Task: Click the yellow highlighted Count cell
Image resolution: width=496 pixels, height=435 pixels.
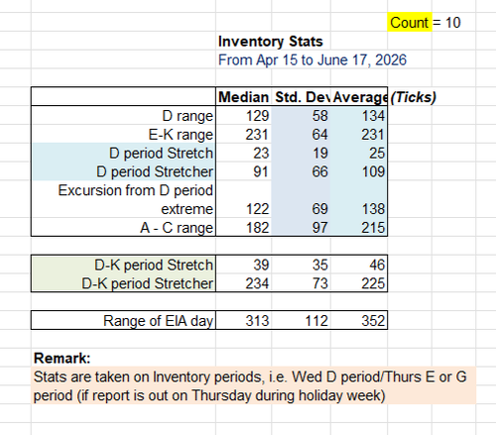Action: (410, 23)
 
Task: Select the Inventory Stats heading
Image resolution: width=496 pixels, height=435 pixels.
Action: (271, 42)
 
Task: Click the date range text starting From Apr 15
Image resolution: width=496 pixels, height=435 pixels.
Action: (312, 60)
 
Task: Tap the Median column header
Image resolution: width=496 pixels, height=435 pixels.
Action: (243, 97)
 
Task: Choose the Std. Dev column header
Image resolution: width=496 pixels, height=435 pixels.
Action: (303, 97)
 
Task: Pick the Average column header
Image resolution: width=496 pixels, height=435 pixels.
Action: (360, 97)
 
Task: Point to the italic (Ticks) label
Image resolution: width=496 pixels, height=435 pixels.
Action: (413, 97)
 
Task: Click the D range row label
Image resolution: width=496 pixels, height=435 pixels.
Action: (187, 116)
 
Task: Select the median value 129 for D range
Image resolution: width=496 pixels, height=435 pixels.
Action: (257, 116)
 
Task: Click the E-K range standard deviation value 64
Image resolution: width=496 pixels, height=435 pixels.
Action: (319, 135)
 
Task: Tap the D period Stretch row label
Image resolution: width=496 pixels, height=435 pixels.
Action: (161, 154)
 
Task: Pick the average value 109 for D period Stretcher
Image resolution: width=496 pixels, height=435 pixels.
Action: (373, 171)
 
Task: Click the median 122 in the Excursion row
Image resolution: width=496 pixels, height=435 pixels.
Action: (257, 209)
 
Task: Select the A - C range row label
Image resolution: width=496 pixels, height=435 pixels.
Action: (177, 228)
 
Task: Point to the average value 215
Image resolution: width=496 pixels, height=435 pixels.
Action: (373, 228)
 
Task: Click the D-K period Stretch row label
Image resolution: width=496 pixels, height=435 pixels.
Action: (154, 265)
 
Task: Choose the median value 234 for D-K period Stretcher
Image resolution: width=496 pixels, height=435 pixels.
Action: (257, 283)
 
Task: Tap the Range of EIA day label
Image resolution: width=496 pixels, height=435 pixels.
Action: (158, 321)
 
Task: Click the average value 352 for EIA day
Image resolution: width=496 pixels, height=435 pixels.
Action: (373, 321)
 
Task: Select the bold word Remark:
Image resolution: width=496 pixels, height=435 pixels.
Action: (62, 359)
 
